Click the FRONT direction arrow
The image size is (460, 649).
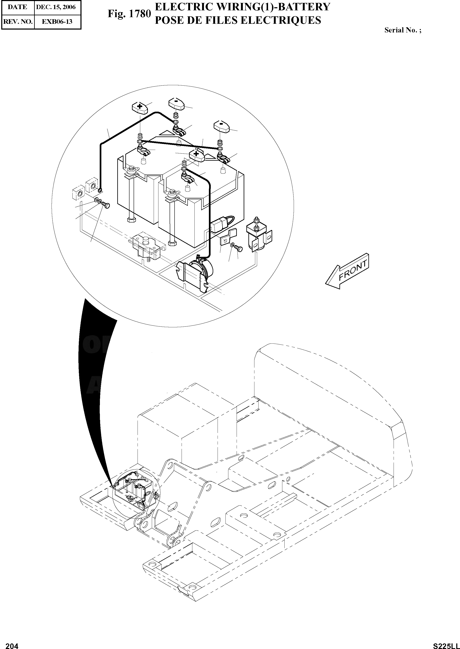(347, 271)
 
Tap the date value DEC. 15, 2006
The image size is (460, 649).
(56, 7)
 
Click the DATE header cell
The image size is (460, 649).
(17, 7)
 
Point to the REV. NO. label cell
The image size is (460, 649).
(17, 22)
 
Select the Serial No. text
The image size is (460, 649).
(402, 30)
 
